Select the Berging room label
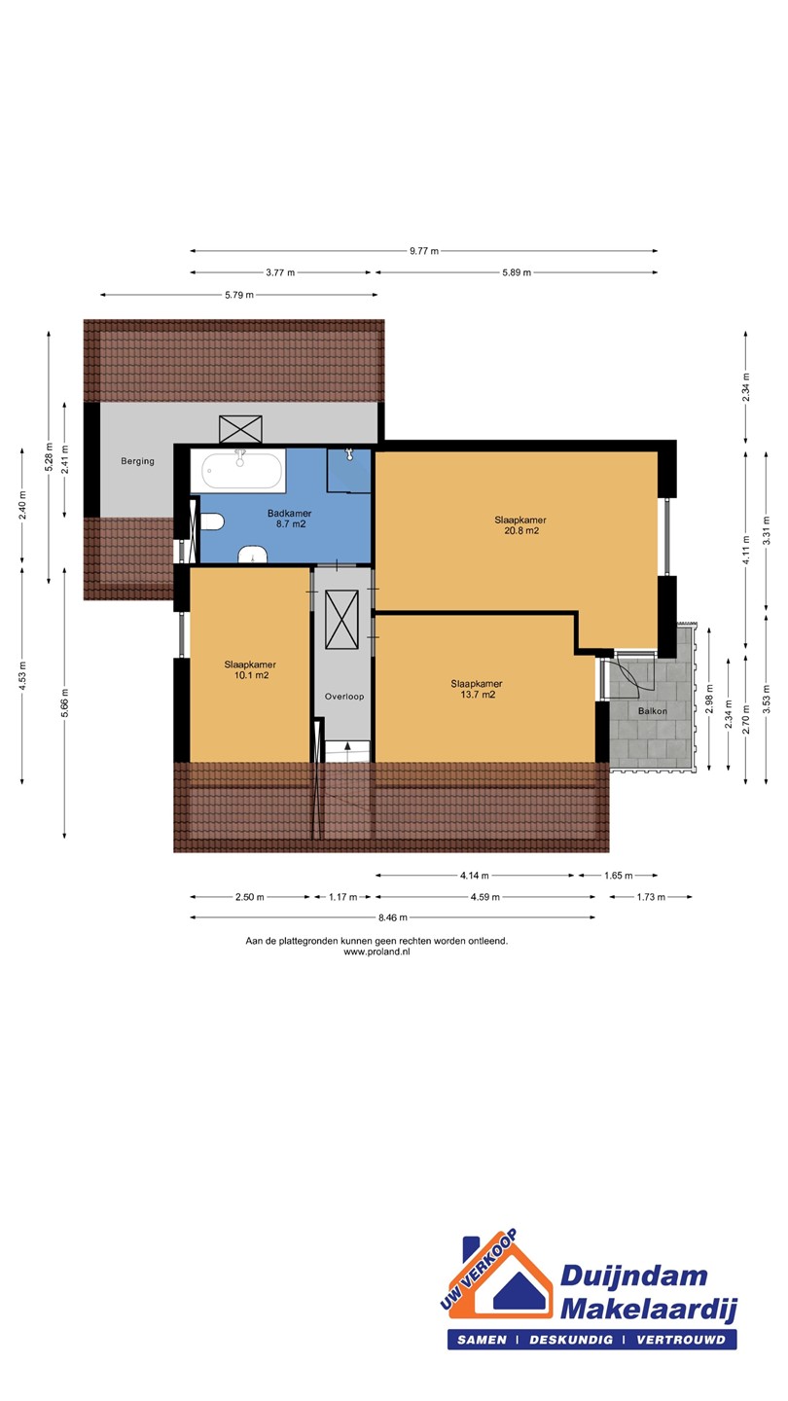pos(137,461)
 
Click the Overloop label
pos(344,697)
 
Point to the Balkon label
pos(652,710)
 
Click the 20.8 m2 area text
pos(521,530)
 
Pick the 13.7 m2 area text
pos(478,695)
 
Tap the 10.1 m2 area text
pos(251,675)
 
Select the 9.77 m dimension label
pos(424,251)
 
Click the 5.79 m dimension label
pos(239,295)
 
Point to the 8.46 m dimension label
pos(393,917)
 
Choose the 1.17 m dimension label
pos(342,897)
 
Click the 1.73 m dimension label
pos(651,897)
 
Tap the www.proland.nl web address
pos(376,952)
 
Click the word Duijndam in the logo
pos(633,1275)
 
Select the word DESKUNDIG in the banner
pos(571,1339)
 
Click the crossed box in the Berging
pos(241,429)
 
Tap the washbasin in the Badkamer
pos(253,555)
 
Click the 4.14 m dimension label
pos(475,875)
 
